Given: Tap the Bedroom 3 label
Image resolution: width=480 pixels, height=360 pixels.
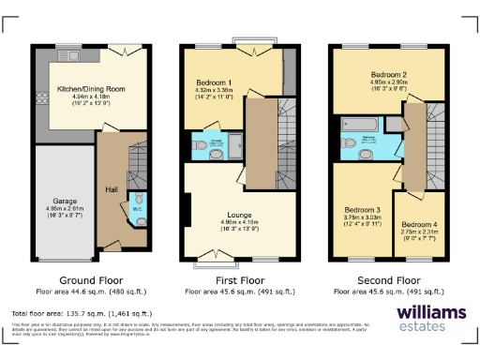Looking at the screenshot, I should point(361,209).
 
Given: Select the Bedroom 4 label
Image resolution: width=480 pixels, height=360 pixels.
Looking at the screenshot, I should point(418,225).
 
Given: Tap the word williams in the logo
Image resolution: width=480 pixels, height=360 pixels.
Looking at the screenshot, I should point(431,313).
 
